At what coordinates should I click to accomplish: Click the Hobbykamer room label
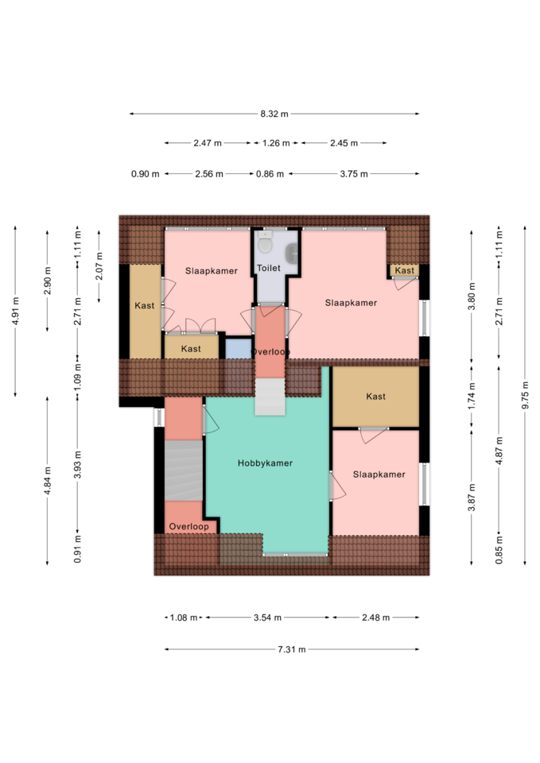[265, 463]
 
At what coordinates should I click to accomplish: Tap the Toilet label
[268, 268]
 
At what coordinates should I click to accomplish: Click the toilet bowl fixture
[265, 242]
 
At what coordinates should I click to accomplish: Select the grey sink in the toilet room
[293, 252]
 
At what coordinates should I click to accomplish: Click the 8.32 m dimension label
[274, 114]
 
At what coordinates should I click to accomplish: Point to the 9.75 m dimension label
[525, 394]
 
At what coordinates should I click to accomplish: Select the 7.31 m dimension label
[292, 649]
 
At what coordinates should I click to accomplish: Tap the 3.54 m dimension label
[267, 618]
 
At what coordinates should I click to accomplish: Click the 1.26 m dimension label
[276, 143]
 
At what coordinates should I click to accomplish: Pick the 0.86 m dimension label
[270, 174]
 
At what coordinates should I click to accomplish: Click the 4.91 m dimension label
[15, 311]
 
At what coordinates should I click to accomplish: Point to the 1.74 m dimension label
[472, 396]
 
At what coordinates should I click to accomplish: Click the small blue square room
[238, 349]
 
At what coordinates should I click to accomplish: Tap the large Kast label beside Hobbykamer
[375, 397]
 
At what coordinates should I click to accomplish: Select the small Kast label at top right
[405, 270]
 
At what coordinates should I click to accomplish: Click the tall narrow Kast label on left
[144, 305]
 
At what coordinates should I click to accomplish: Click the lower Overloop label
[188, 526]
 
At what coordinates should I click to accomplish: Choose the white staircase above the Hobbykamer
[270, 397]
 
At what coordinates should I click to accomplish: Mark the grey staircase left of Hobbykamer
[184, 471]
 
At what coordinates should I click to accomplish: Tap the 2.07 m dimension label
[99, 266]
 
